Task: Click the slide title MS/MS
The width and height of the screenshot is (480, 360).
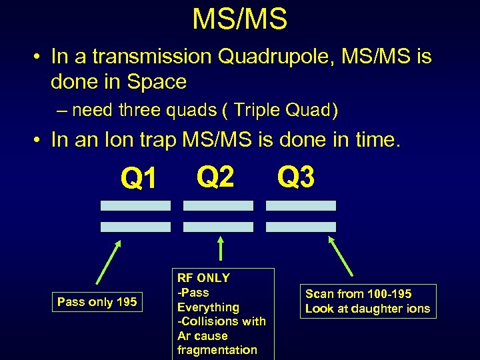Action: [x=239, y=19]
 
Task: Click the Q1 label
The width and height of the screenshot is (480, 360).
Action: [x=139, y=178]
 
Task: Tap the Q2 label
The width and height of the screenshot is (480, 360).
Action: [x=215, y=177]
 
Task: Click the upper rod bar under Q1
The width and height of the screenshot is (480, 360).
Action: [x=135, y=205]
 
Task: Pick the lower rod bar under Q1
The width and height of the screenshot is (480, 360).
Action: [x=135, y=227]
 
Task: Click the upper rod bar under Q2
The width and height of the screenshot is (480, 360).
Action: [x=218, y=205]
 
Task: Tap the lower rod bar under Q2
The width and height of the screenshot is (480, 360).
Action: [x=218, y=227]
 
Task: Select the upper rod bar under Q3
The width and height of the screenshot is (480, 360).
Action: [x=301, y=205]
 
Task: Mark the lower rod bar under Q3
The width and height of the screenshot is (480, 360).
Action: [x=301, y=227]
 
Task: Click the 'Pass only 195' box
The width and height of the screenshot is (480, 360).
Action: [x=97, y=302]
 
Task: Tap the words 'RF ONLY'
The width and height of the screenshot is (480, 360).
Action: [x=203, y=278]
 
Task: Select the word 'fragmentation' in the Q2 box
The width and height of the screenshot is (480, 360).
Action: [x=217, y=350]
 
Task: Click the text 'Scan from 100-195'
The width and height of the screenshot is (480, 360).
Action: [x=358, y=294]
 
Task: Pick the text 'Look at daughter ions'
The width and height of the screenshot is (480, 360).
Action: [x=367, y=309]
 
